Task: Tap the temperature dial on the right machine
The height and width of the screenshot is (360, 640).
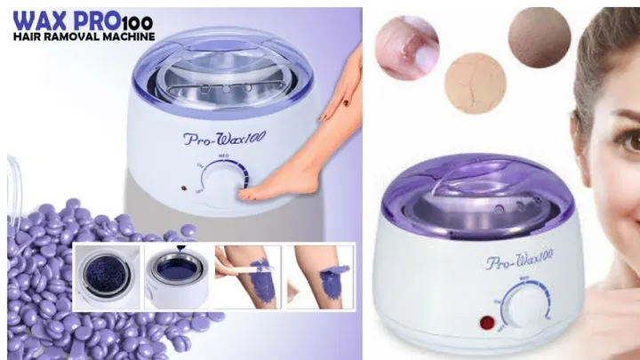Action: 526,308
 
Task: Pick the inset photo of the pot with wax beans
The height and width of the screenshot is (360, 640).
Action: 107,276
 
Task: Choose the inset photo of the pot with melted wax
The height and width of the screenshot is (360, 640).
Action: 176,276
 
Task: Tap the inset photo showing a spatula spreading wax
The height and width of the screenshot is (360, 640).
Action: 246,276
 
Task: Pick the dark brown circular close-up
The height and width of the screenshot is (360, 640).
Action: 539,37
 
